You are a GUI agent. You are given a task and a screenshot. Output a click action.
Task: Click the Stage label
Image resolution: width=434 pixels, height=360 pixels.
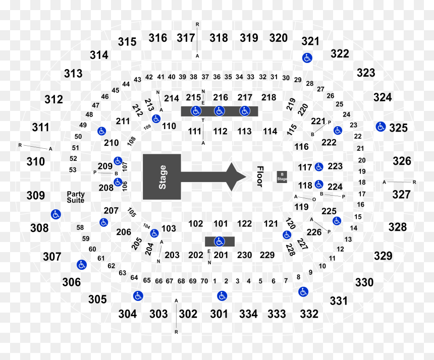tap(162, 177)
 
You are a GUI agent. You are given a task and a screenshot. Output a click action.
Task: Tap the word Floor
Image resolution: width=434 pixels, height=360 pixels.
tap(260, 176)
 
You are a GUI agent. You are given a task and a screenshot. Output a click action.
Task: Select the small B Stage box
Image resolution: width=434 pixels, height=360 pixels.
tap(282, 176)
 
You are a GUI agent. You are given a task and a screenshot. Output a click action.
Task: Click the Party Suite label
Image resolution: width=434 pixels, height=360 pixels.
tap(76, 197)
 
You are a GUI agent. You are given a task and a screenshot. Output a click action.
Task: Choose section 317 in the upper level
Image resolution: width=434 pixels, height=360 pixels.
tap(186, 38)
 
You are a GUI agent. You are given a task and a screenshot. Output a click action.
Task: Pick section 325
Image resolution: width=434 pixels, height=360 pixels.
tap(398, 128)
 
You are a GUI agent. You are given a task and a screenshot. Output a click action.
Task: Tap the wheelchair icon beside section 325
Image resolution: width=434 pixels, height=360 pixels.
tap(381, 127)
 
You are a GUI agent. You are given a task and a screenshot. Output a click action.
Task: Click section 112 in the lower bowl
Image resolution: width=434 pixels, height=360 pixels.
tap(221, 131)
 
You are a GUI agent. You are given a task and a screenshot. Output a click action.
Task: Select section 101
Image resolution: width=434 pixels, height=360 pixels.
tap(221, 223)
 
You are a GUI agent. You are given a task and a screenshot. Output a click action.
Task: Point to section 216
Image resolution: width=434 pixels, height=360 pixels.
tap(221, 97)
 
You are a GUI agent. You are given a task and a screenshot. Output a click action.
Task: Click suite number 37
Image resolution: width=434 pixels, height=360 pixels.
tap(205, 77)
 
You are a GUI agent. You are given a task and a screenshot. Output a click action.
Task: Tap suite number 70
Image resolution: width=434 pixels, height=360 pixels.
tap(204, 281)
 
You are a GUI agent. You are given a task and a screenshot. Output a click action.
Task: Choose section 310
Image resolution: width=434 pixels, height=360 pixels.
tap(36, 161)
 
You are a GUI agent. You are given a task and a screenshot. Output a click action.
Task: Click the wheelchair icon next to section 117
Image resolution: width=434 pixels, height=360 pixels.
tap(319, 167)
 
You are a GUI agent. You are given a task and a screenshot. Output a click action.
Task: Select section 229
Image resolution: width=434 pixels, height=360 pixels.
tap(267, 255)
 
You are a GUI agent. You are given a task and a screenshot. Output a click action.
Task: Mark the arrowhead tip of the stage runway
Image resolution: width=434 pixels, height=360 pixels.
tap(246, 176)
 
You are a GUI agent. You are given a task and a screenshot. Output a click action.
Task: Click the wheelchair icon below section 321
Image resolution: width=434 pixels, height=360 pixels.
tap(307, 58)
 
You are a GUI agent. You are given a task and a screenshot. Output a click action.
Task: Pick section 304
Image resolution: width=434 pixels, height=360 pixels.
tap(128, 314)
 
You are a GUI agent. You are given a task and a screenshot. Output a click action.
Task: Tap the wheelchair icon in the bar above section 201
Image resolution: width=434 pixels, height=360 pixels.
tap(220, 242)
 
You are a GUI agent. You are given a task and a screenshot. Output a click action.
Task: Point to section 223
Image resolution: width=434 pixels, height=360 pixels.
tap(335, 166)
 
